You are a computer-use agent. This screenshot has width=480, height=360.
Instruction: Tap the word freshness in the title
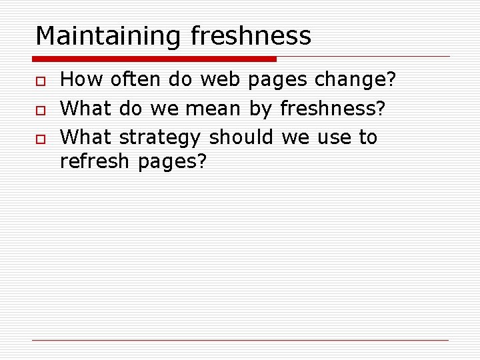[251, 36]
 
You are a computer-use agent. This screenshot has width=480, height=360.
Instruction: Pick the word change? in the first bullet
[355, 80]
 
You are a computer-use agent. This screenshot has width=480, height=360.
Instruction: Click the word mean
[213, 108]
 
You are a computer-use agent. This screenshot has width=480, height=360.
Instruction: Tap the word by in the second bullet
[261, 109]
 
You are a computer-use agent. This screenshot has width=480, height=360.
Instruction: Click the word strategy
[160, 137]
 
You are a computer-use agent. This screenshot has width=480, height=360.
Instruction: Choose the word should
[241, 137]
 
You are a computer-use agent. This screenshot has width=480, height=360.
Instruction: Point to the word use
[334, 137]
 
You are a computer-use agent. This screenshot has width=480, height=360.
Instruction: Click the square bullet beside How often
[41, 81]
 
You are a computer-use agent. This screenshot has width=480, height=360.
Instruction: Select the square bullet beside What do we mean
[41, 109]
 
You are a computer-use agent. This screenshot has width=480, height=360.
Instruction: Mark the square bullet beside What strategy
[41, 138]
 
